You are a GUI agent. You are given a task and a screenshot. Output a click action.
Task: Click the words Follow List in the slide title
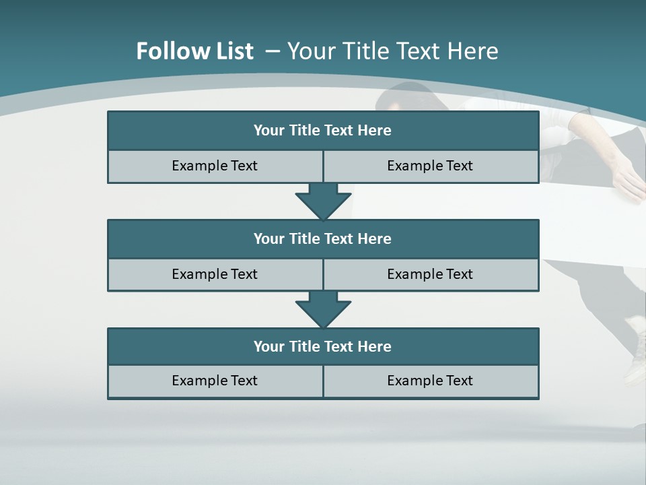[194, 51]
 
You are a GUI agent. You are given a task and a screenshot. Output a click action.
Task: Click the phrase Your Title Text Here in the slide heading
[393, 51]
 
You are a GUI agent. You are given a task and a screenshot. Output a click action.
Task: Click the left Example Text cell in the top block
[215, 166]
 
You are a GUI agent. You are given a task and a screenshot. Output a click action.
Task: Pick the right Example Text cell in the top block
[430, 166]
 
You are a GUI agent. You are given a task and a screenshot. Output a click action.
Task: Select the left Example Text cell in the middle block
[215, 274]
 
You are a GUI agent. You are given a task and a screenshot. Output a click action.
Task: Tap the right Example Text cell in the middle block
[430, 274]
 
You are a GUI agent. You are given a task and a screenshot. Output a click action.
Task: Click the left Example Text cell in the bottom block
[215, 381]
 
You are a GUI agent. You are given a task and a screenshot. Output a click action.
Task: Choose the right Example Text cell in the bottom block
[430, 381]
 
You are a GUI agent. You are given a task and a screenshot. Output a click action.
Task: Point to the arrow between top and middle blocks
[323, 201]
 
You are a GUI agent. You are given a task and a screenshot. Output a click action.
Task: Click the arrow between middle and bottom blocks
[323, 309]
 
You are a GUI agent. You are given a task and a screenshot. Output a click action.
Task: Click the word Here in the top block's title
[375, 131]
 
